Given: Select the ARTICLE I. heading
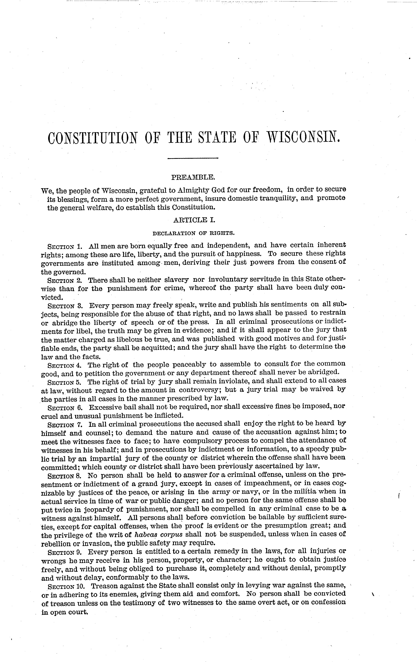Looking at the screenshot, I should (193, 220).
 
